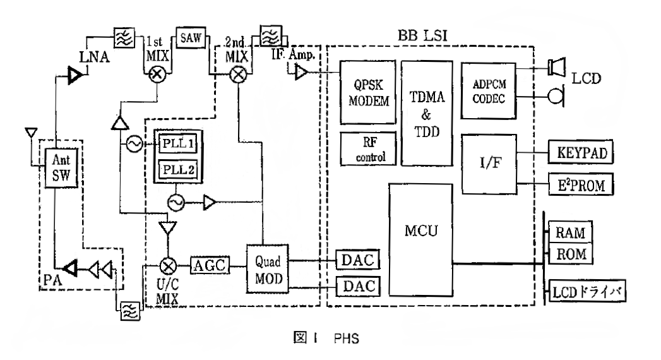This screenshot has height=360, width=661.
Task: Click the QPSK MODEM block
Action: click(367, 92)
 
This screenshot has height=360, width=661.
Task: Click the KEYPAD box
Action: click(581, 153)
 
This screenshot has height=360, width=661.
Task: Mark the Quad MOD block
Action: click(266, 268)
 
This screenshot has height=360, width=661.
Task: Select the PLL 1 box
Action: click(178, 145)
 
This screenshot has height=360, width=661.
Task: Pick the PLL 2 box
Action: click(178, 171)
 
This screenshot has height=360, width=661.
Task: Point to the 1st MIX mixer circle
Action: click(157, 73)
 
